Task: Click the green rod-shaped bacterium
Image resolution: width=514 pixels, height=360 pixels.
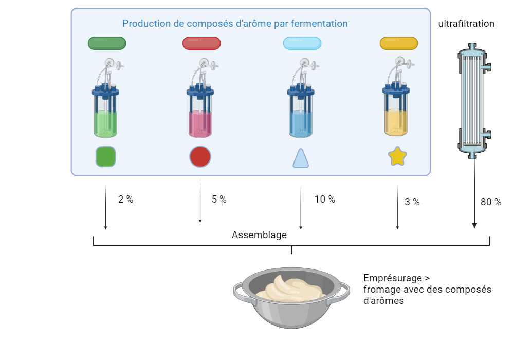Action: (107, 43)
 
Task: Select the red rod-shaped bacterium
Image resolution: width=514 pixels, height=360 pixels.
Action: (201, 43)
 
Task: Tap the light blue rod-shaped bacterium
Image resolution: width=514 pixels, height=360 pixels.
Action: (302, 43)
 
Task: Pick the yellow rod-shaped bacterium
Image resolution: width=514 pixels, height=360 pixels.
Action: (399, 43)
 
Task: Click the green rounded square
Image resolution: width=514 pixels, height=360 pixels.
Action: (105, 157)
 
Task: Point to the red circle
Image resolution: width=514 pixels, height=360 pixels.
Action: (200, 157)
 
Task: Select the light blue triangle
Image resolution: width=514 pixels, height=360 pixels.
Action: (301, 158)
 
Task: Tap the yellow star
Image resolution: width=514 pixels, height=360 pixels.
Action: (397, 156)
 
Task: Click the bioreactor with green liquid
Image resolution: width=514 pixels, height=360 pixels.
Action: (105, 98)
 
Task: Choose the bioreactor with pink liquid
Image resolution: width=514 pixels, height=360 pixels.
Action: (200, 98)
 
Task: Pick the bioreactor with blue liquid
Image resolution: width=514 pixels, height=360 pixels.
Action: (301, 98)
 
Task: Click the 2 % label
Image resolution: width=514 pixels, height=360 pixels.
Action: (125, 200)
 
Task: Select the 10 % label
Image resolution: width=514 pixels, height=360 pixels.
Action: (324, 200)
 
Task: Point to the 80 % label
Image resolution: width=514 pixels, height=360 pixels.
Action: (491, 202)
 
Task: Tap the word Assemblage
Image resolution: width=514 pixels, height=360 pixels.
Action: (259, 235)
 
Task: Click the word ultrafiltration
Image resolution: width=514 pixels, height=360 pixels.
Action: (466, 24)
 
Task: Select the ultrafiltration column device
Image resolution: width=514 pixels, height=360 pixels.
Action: (474, 101)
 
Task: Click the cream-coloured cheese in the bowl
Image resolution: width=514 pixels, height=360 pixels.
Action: (290, 289)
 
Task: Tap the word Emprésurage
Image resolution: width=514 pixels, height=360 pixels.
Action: (393, 278)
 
